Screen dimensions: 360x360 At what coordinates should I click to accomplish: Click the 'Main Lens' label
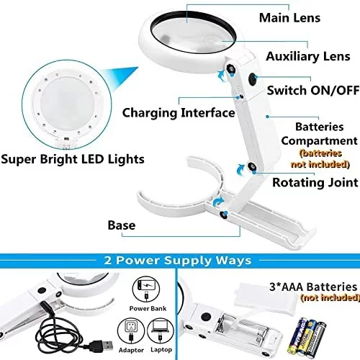[x=289, y=18]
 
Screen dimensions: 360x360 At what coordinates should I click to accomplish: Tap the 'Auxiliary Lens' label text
[x=308, y=56]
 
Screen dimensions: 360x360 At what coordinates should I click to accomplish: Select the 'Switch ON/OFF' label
[x=313, y=91]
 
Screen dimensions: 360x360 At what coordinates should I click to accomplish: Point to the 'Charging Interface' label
[x=179, y=113]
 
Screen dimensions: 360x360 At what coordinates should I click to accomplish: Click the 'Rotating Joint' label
[x=315, y=182]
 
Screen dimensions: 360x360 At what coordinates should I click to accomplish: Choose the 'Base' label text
[x=122, y=225]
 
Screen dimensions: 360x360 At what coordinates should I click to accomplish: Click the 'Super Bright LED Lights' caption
[x=73, y=159]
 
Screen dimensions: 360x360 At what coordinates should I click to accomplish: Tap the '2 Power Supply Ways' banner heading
[x=178, y=260]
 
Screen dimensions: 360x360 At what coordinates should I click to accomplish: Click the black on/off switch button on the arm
[x=252, y=79]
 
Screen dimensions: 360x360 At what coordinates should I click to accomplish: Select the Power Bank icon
[x=146, y=289]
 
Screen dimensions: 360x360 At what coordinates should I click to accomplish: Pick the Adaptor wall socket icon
[x=131, y=332]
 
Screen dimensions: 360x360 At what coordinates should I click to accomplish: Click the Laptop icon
[x=161, y=331]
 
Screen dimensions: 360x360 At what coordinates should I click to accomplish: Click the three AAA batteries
[x=307, y=337]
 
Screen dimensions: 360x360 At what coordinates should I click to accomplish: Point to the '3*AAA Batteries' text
[x=313, y=287]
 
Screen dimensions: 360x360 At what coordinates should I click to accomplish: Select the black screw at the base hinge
[x=224, y=215]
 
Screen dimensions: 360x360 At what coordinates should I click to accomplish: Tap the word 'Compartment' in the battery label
[x=319, y=141]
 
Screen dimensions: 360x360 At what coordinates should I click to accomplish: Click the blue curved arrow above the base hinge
[x=218, y=202]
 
